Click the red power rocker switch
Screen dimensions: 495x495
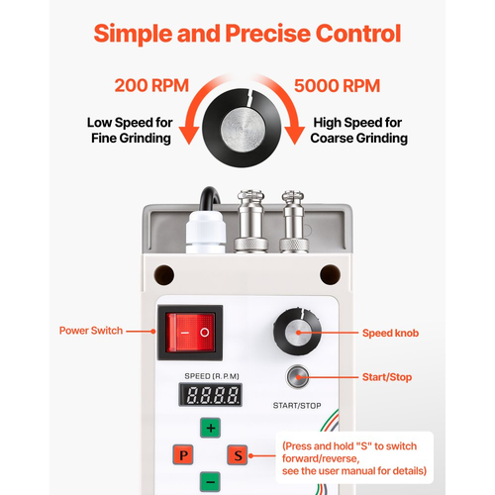tap(190, 333)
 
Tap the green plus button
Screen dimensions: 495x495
tap(211, 428)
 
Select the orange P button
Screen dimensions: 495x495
tap(183, 455)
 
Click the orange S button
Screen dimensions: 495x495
tap(238, 455)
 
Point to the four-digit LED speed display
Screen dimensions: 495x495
tap(211, 395)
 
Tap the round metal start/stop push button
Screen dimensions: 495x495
tap(297, 376)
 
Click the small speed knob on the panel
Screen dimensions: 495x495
tap(297, 331)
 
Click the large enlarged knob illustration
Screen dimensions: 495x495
tap(243, 128)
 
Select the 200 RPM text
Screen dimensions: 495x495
tap(151, 85)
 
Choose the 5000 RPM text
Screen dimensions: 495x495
tap(337, 86)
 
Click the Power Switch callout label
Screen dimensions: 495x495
tap(91, 331)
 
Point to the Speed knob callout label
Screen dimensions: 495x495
tap(390, 333)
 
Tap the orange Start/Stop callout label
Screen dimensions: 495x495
tap(387, 377)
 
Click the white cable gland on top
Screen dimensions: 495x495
tap(206, 232)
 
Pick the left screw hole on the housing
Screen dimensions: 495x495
tap(164, 274)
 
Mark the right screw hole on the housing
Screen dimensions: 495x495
tap(331, 274)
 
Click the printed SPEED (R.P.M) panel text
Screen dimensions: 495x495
tap(212, 376)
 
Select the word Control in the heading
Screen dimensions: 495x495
tap(358, 34)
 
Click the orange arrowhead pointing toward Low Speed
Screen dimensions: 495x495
tap(189, 136)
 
